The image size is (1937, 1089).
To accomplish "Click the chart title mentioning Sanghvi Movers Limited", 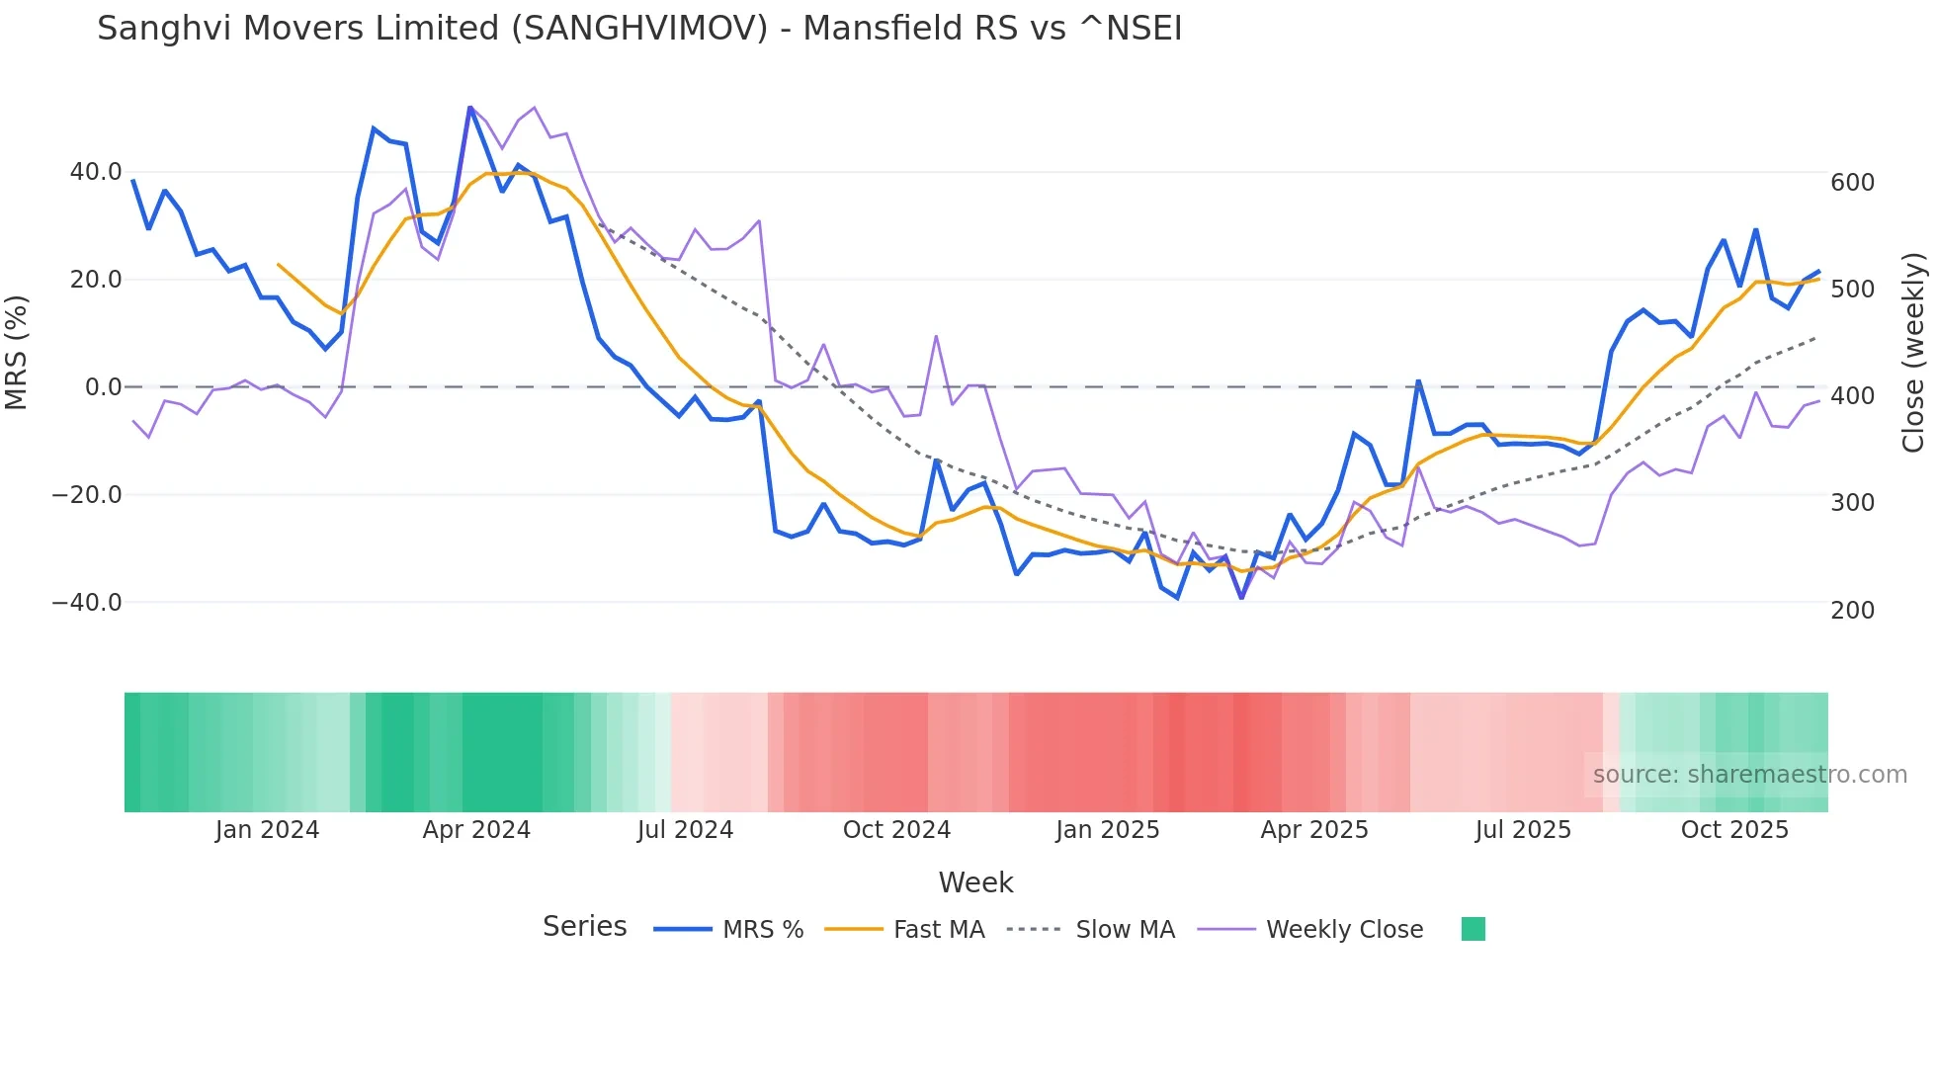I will pos(639,29).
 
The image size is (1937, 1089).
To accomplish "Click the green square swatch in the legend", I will pos(1473,929).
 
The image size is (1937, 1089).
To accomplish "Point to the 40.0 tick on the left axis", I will pos(96,172).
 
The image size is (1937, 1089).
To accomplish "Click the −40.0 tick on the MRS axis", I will pos(87,602).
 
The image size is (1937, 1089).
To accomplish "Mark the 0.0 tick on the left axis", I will pos(103,387).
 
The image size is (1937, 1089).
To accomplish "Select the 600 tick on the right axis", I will pos(1852,183).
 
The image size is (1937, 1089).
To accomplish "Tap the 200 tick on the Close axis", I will pos(1852,611).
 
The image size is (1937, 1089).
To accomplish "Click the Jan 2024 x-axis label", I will pos(267,830).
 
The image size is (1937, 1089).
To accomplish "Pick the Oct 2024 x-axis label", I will pos(896,830).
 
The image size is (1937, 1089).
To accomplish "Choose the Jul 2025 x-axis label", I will pos(1523,830).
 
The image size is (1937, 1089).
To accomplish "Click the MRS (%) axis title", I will pos(17,352).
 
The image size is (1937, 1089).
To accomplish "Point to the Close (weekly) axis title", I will pos(1914,353).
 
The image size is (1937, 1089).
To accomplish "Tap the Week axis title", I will pos(975,882).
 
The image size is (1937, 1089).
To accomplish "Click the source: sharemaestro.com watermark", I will pos(1749,775).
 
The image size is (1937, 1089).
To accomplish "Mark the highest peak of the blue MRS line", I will pos(469,107).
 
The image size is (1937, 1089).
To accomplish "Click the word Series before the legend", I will pos(584,927).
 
